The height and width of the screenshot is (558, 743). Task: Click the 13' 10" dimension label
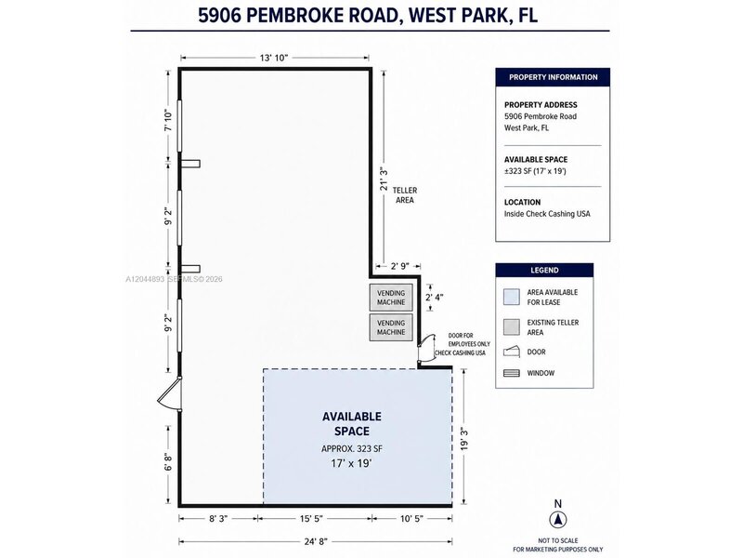[x=274, y=58]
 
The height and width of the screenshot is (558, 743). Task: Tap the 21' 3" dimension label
[x=385, y=178]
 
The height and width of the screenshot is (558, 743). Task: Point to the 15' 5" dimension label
[x=311, y=519]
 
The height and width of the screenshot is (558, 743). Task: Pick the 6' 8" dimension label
[x=168, y=461]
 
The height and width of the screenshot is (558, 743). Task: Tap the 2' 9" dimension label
[x=399, y=266]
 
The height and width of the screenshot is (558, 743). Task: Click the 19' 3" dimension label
[x=465, y=439]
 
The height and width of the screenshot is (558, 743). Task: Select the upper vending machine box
[x=391, y=298]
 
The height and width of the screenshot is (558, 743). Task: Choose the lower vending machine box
[x=391, y=327]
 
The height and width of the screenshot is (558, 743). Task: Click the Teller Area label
[x=405, y=195]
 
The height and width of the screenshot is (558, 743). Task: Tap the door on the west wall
[x=170, y=394]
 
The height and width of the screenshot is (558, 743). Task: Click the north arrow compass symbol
[x=558, y=520]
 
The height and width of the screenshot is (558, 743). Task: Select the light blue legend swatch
[x=512, y=297]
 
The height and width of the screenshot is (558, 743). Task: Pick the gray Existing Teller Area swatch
[x=512, y=327]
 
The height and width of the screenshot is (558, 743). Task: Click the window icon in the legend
[x=512, y=373]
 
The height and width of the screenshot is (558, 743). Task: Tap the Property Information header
[x=553, y=77]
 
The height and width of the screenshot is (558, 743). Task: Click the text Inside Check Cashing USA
[x=547, y=214]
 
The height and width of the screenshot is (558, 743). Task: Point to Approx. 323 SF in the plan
[x=352, y=448]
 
